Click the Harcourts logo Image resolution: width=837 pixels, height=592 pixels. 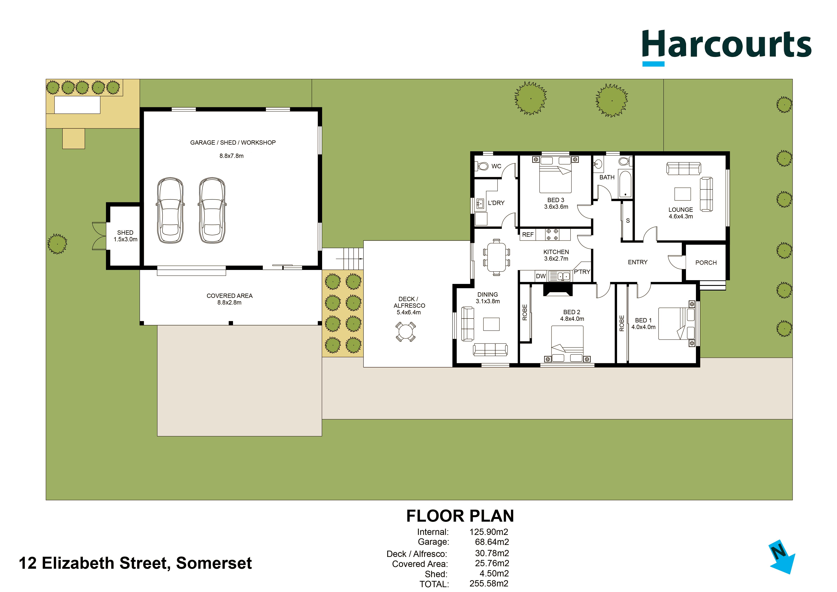[727, 47]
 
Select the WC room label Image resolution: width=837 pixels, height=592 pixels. [496, 166]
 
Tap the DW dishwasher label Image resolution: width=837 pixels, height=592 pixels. [541, 276]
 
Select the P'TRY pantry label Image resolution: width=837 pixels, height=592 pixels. [582, 272]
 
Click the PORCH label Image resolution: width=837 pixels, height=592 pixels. [706, 263]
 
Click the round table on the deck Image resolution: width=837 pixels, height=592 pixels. [405, 332]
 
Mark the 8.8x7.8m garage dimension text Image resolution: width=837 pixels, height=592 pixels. [232, 156]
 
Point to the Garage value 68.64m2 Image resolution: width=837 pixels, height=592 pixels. [492, 542]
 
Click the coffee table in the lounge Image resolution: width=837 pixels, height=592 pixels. [682, 194]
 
